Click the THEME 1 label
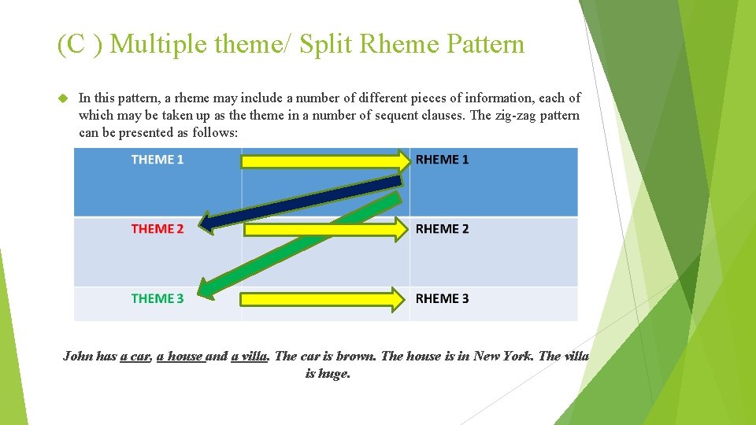click(x=157, y=160)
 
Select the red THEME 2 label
click(x=157, y=229)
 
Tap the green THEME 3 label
click(x=157, y=298)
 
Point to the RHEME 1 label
click(x=442, y=160)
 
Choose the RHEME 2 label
click(x=442, y=229)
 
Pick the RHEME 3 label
click(x=442, y=298)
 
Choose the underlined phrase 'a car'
click(x=135, y=356)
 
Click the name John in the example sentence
click(x=76, y=356)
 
